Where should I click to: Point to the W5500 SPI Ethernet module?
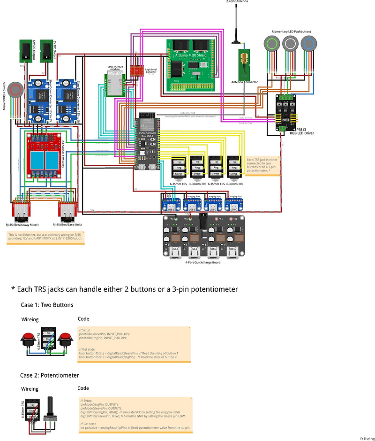(x=114, y=83)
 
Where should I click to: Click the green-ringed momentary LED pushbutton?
(x=271, y=44)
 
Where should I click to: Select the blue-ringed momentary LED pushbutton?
(x=308, y=44)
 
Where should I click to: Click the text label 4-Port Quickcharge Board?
(x=203, y=263)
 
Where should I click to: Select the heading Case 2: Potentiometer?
(x=50, y=375)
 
